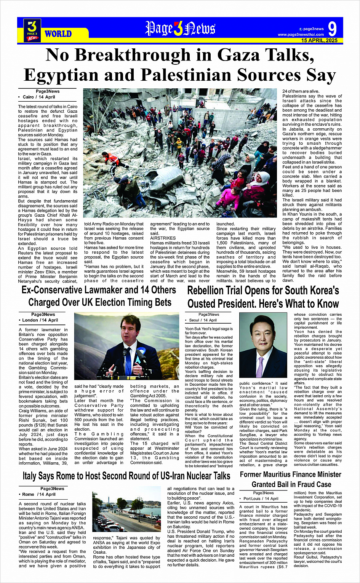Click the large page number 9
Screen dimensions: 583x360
tap(332, 29)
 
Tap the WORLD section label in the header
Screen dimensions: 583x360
tap(58, 34)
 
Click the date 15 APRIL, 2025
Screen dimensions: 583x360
tap(319, 40)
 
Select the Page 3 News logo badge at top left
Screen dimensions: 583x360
tap(32, 30)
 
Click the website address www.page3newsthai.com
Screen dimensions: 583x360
tap(301, 35)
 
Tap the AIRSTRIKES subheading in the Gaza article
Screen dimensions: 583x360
tap(163, 238)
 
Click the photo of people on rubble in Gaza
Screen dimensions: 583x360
tap(180, 153)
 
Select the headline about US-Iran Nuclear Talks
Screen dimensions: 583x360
tap(126, 476)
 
